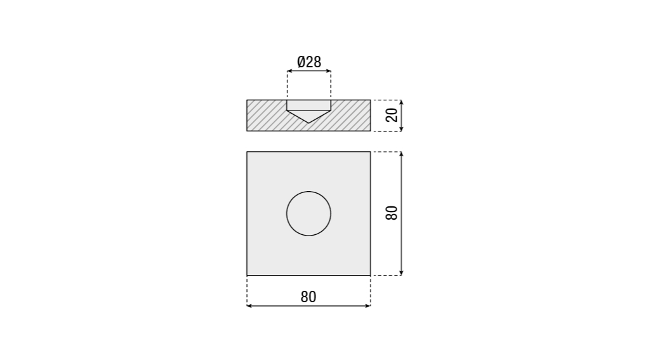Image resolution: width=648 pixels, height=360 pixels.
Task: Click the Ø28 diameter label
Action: pos(309,62)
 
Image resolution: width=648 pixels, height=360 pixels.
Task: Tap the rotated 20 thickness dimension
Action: pos(392,115)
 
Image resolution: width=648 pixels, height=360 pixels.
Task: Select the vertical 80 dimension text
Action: pos(392,213)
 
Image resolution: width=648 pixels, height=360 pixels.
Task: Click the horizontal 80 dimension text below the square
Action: pos(308,297)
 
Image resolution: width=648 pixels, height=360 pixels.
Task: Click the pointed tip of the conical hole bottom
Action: pos(308,123)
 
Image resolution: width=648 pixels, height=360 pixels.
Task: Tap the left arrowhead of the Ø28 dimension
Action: pos(289,71)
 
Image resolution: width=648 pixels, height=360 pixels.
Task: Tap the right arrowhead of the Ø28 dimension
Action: pos(329,71)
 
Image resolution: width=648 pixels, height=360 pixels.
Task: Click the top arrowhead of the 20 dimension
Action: pos(401,102)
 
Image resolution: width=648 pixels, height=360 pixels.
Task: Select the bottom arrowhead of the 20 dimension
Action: pos(401,129)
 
